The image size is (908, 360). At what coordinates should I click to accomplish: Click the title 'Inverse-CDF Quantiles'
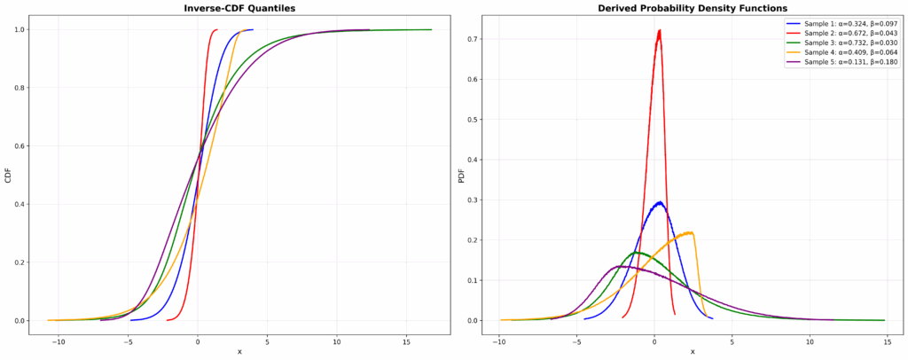(239, 8)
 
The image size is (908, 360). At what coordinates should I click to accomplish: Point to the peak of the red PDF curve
(659, 31)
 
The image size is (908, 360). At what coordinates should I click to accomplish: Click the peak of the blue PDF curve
(658, 202)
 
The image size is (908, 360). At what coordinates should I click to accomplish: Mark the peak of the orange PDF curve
(691, 232)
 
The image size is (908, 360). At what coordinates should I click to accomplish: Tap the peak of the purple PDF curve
(622, 266)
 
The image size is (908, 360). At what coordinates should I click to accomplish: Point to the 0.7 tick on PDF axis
(477, 39)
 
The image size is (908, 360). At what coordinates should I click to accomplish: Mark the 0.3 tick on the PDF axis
(477, 200)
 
